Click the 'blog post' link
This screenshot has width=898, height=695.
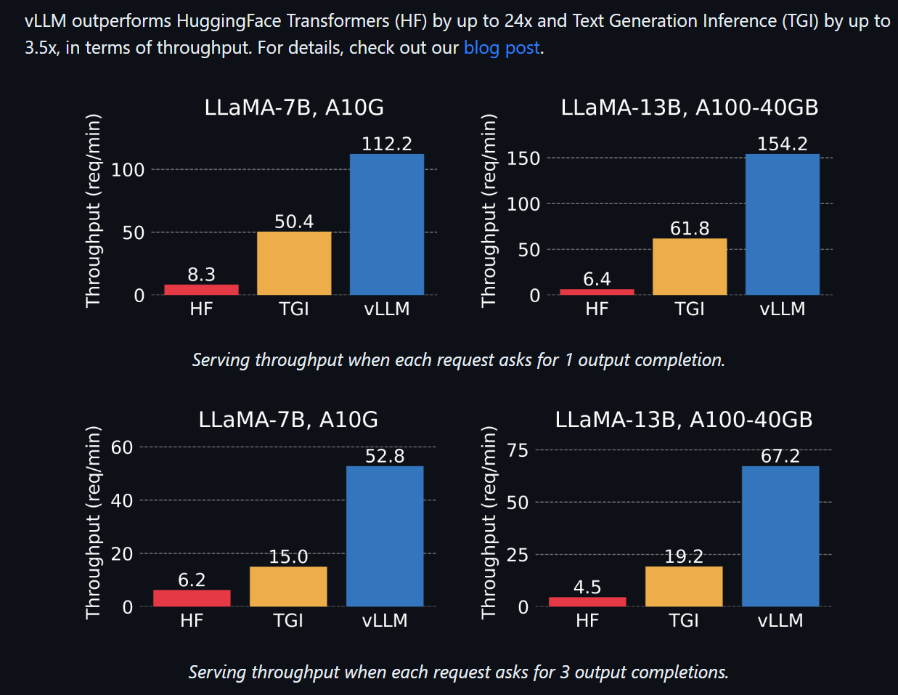[502, 48]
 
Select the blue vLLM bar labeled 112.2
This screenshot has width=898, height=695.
[386, 224]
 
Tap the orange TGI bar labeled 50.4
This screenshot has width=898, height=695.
[294, 263]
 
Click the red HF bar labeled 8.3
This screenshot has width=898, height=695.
[201, 290]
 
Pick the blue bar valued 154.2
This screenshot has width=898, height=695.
[782, 224]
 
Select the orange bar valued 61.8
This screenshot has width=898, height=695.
[689, 267]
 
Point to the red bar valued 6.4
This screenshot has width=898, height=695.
[597, 292]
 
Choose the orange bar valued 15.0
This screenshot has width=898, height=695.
[288, 586]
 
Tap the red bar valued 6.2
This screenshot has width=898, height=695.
[192, 598]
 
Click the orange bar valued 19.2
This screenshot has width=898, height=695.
[684, 586]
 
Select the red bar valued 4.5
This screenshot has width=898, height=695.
[587, 601]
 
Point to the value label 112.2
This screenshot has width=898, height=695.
[386, 144]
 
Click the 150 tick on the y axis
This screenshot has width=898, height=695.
[523, 158]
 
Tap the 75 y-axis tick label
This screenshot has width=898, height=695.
[518, 450]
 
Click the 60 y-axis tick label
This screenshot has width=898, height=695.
[122, 447]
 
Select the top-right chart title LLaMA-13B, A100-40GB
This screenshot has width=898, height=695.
[689, 107]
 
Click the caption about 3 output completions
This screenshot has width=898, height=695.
[458, 672]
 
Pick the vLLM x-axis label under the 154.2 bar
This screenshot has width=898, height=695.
[782, 309]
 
